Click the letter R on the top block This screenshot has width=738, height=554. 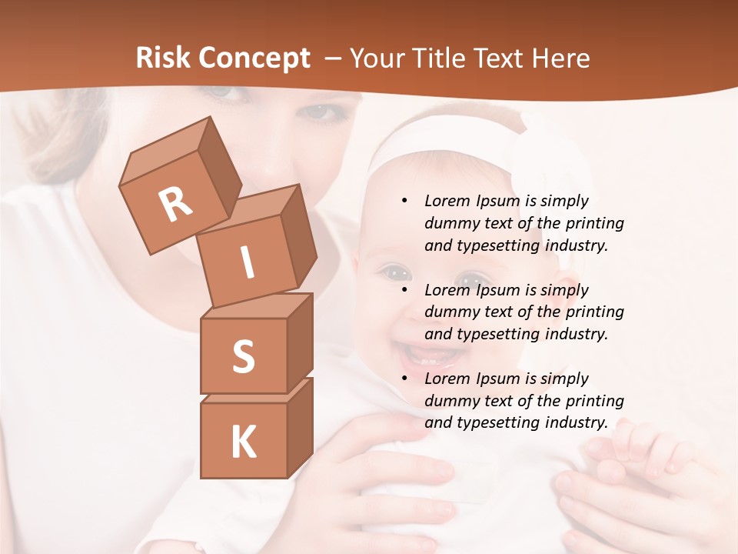click(175, 205)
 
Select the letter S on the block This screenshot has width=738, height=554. click(243, 356)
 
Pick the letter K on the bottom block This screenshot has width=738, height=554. click(243, 442)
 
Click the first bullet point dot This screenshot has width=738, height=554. click(405, 202)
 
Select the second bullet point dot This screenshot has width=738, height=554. click(405, 291)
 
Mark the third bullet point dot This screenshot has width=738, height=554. click(405, 379)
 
